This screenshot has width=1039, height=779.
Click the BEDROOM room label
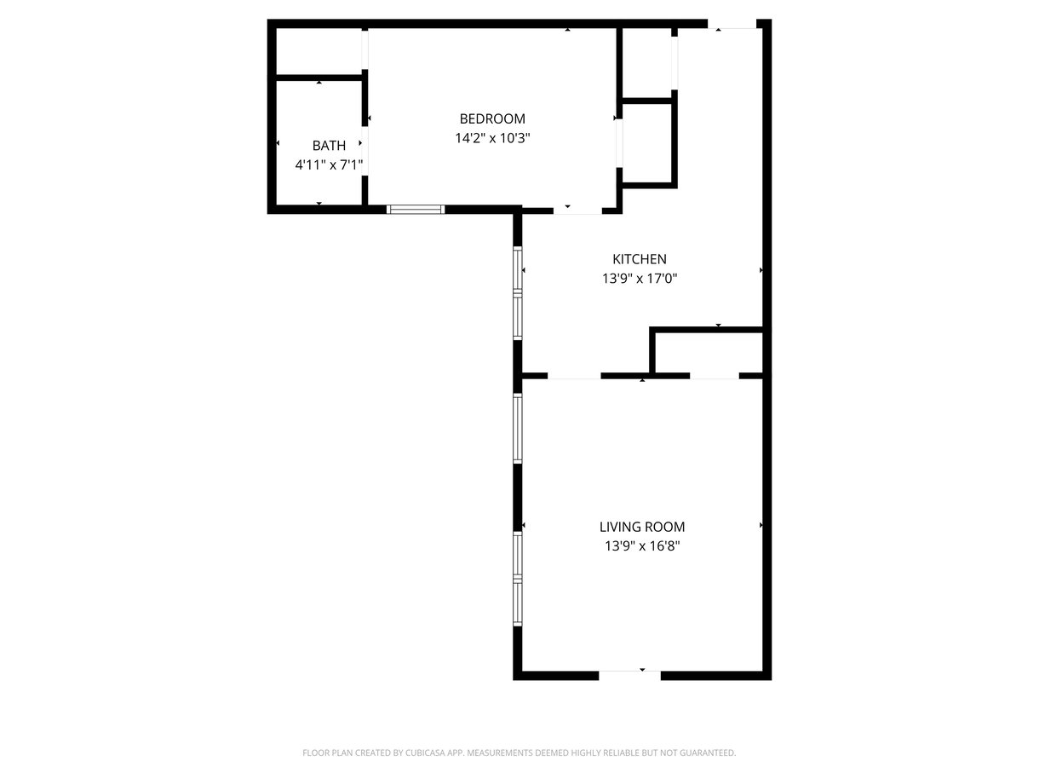[x=492, y=118]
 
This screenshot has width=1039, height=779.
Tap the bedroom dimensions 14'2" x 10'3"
[x=492, y=138]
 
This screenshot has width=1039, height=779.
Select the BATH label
[x=329, y=146]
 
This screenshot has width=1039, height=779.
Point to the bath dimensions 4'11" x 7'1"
[x=329, y=164]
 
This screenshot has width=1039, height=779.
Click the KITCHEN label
[x=640, y=259]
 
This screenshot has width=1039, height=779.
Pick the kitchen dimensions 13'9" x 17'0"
[x=640, y=279]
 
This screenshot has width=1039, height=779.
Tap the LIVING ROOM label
[x=642, y=527]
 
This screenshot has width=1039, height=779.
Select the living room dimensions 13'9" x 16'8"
[x=642, y=546]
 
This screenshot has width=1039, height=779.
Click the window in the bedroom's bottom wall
[x=416, y=210]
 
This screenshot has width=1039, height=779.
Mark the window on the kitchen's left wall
[x=517, y=293]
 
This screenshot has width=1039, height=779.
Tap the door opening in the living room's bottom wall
[x=629, y=675]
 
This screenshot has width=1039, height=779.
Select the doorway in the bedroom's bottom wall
[x=577, y=211]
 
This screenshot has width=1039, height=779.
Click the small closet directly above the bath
[x=319, y=51]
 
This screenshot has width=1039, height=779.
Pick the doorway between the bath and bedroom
[x=365, y=151]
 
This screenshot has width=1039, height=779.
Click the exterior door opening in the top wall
[x=732, y=24]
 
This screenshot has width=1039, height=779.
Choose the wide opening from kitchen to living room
[x=574, y=376]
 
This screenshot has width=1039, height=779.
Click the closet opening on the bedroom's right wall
[x=618, y=143]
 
